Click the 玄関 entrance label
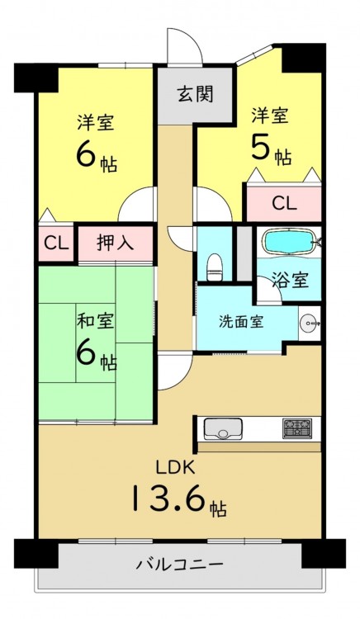click(x=195, y=95)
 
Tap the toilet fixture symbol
click(x=215, y=267)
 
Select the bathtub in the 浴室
click(x=290, y=242)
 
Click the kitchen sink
click(x=223, y=428)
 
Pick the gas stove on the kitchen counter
click(x=297, y=428)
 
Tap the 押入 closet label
click(x=116, y=243)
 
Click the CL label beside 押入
click(x=56, y=243)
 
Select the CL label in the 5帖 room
click(x=284, y=204)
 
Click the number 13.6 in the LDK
click(x=168, y=499)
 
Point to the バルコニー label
click(x=180, y=565)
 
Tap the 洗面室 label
click(x=241, y=322)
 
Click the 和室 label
click(x=96, y=322)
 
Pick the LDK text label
click(x=174, y=467)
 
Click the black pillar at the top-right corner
click(x=304, y=58)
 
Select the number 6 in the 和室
click(x=86, y=354)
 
